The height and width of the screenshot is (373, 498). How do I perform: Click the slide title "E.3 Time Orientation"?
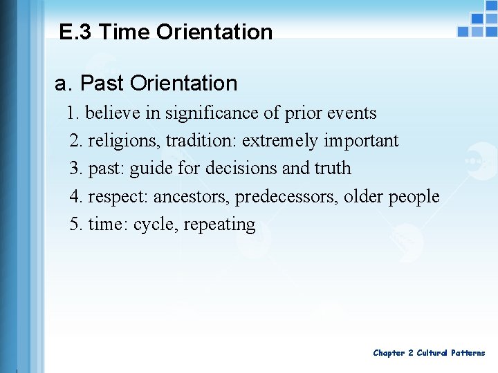coord(166,32)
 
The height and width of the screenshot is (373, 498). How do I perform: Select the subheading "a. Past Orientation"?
coord(146,84)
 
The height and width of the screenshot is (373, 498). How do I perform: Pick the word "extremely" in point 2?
coord(279,141)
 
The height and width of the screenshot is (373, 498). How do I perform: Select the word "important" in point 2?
coord(361,141)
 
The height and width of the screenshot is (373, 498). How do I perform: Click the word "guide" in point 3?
coord(150,169)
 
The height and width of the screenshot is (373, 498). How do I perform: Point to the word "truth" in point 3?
coord(333,169)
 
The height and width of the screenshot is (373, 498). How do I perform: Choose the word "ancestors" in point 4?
coord(191,197)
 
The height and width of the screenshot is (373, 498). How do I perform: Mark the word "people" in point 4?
coord(414,197)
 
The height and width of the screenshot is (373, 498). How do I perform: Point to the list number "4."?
coord(76,197)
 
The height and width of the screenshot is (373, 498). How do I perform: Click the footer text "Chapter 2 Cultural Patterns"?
coord(429,353)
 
